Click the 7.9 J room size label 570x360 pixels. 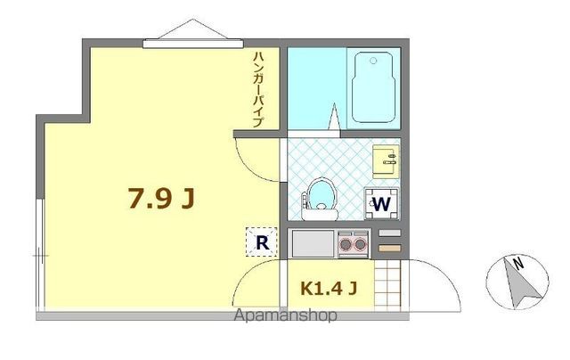[x=160, y=199]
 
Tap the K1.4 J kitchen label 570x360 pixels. [x=329, y=288]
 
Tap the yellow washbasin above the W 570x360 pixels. [x=386, y=161]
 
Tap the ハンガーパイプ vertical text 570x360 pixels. [x=257, y=89]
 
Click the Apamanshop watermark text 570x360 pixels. [x=285, y=316]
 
